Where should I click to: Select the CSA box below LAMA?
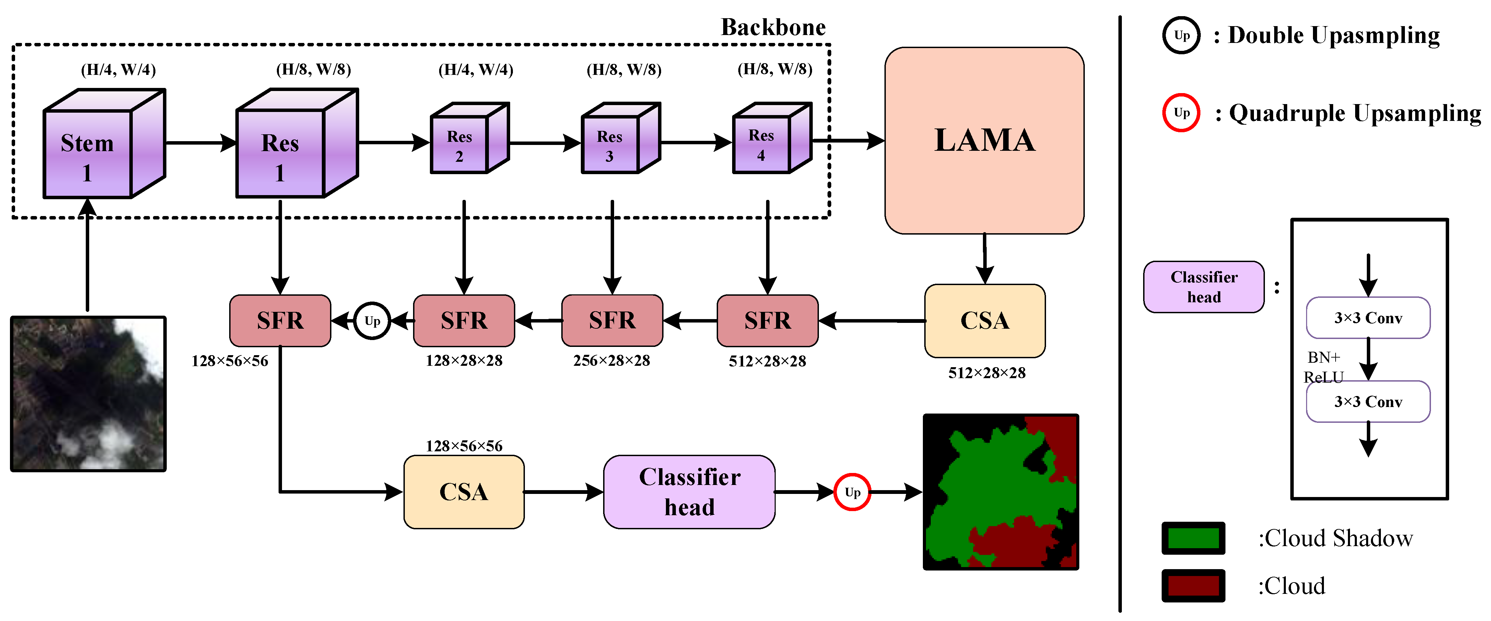tap(985, 320)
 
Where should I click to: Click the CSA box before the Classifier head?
tap(463, 492)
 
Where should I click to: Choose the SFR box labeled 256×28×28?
tap(612, 320)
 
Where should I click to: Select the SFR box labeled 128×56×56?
tap(280, 320)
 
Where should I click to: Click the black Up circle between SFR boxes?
tap(372, 320)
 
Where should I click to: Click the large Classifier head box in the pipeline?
tap(689, 492)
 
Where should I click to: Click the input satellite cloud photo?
tap(88, 394)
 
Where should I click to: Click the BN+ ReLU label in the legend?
tap(1323, 367)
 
